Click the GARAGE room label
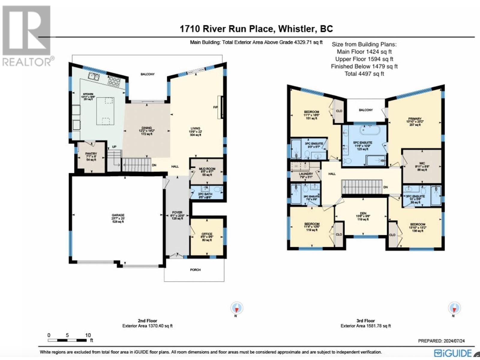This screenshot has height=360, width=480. click(x=118, y=215)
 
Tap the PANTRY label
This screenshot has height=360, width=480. click(x=91, y=154)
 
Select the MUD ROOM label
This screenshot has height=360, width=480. click(x=207, y=169)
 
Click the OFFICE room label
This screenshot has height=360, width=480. click(x=207, y=234)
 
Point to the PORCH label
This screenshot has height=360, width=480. click(x=195, y=270)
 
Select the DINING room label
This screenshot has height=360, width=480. click(x=146, y=128)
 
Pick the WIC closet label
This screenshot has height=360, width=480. click(x=422, y=163)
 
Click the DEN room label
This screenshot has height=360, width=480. click(x=363, y=213)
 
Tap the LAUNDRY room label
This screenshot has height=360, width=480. click(x=306, y=174)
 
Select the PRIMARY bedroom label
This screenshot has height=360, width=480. click(x=415, y=119)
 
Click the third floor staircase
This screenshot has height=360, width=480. click(x=362, y=187)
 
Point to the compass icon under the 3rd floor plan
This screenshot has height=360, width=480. click(x=454, y=308)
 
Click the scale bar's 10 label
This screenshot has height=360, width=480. click(x=88, y=335)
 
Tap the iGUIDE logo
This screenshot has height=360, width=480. click(x=453, y=353)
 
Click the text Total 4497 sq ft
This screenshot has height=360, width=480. click(x=364, y=73)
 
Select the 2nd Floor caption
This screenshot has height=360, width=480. click(x=147, y=320)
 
